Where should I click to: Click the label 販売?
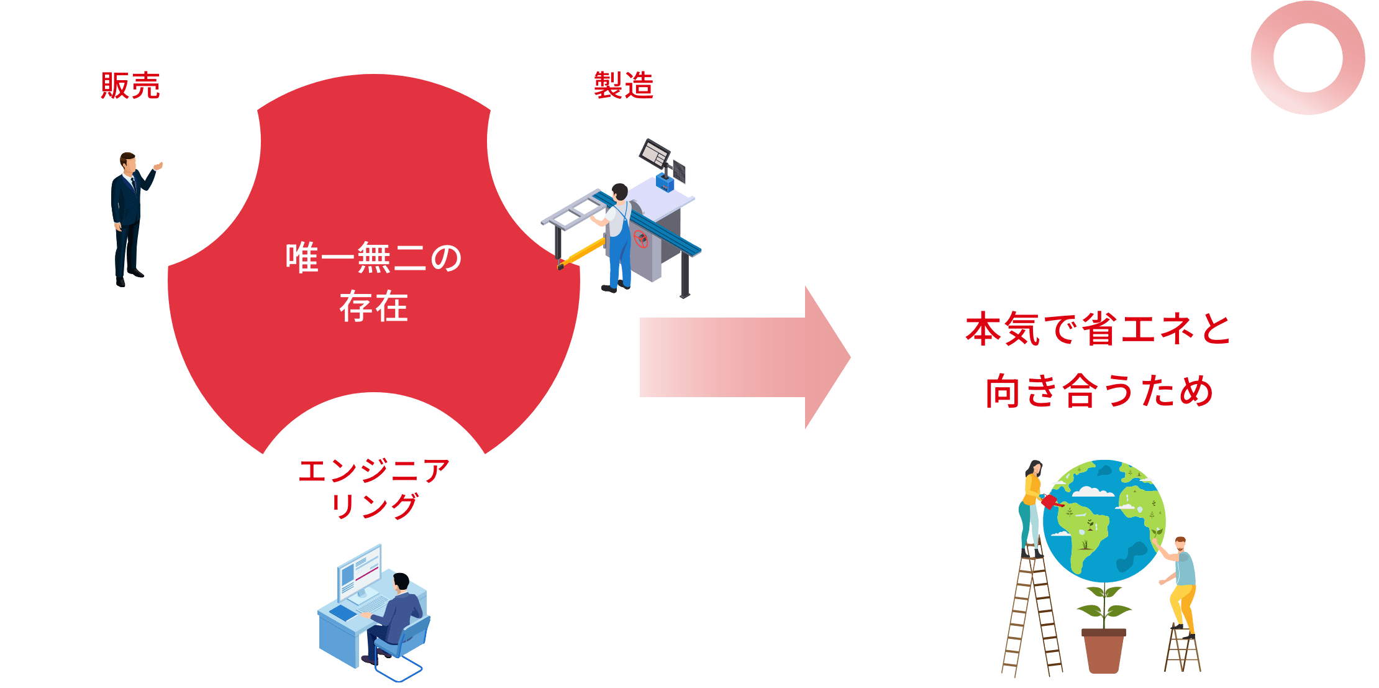click(x=130, y=86)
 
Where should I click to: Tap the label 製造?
click(x=624, y=86)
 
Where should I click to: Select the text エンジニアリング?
click(x=374, y=488)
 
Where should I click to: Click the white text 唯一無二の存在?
click(x=373, y=283)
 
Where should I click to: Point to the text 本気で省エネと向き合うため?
click(x=1098, y=360)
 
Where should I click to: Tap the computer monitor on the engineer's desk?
click(x=359, y=572)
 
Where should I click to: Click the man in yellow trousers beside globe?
click(x=1180, y=584)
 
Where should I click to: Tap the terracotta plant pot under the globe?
click(x=1103, y=650)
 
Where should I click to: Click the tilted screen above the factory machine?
click(x=655, y=153)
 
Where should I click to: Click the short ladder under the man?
click(x=1182, y=649)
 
